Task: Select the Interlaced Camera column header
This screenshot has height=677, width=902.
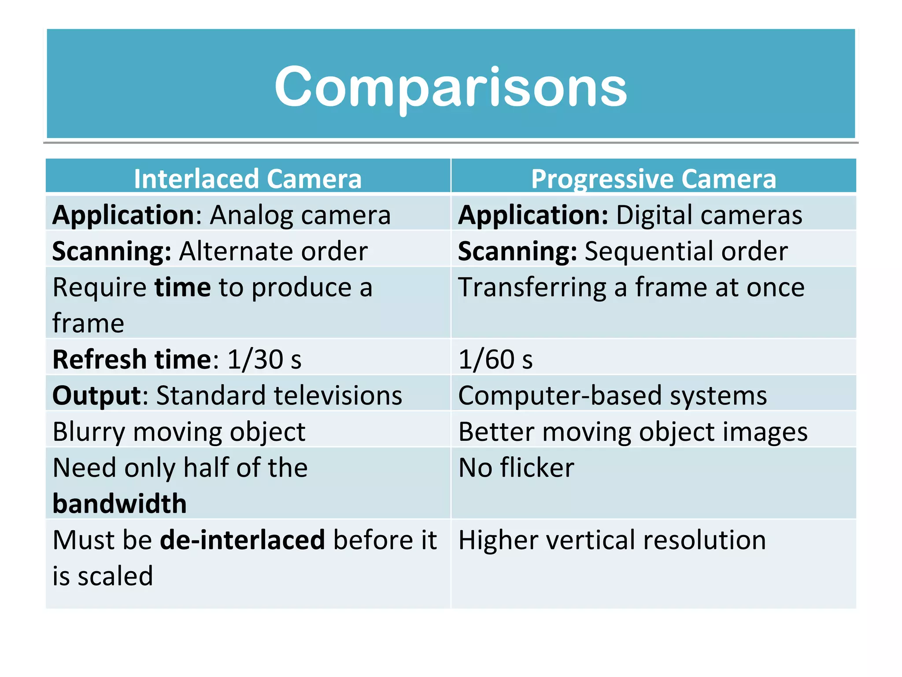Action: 248,179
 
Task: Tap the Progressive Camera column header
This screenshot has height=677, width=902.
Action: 654,179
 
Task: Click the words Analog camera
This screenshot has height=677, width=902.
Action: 300,215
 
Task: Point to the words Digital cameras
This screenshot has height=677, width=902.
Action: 709,215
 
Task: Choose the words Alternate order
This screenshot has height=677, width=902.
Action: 273,251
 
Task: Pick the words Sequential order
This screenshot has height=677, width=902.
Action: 686,251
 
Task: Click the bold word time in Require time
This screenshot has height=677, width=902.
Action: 182,287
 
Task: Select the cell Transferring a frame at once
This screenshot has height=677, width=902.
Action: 631,287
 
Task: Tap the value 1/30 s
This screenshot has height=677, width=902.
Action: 264,360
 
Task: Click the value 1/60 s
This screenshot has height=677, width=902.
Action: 495,360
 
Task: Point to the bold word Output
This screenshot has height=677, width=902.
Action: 96,395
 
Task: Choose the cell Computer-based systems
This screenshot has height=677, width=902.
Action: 612,395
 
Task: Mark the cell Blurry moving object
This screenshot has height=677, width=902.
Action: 179,432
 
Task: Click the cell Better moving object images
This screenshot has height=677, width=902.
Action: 633,432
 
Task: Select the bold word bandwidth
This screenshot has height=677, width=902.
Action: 119,504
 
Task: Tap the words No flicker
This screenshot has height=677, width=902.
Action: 516,468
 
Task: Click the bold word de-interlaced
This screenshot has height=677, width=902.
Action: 242,540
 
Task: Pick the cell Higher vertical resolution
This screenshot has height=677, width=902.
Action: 612,540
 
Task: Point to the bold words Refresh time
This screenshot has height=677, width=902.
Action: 132,360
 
